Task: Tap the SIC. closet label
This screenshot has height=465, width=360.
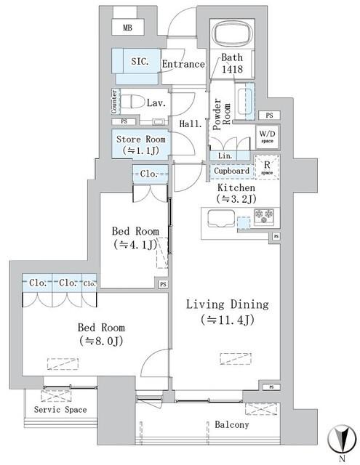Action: (x=140, y=62)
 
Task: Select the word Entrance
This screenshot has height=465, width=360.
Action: (x=183, y=64)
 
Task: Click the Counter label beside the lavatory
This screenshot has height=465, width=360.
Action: (x=115, y=102)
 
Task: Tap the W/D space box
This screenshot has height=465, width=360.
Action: (x=267, y=137)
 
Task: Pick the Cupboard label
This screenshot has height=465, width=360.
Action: (x=232, y=171)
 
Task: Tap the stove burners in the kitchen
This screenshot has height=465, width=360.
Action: (x=263, y=216)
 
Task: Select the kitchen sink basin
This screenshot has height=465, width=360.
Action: (x=219, y=217)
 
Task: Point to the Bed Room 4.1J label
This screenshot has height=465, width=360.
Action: (x=135, y=238)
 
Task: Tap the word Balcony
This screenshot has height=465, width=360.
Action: (x=231, y=425)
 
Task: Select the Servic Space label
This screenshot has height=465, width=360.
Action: (x=61, y=410)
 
